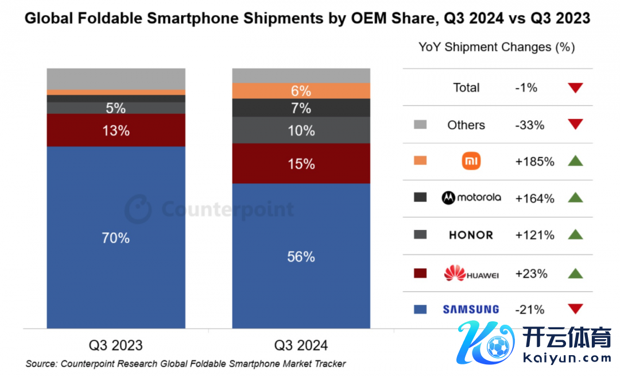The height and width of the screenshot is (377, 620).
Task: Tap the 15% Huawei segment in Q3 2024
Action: (301, 164)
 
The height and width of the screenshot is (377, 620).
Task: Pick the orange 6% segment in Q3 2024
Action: (301, 91)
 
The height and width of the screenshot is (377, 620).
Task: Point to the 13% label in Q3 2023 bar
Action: (116, 130)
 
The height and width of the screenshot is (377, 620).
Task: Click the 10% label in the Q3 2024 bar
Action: (301, 130)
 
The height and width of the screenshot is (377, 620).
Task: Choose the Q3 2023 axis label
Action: (116, 345)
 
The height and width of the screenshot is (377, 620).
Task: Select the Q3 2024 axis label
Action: (301, 345)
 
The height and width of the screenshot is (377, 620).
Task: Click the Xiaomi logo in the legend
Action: (471, 161)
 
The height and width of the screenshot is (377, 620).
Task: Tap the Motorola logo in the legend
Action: (471, 198)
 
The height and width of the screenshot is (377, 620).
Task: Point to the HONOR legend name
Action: (471, 235)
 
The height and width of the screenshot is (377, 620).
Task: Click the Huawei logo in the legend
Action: (471, 274)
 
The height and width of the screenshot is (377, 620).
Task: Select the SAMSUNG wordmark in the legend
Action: (471, 310)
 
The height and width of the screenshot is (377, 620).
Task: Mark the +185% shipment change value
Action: (535, 161)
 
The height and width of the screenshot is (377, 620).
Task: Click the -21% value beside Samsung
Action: (530, 310)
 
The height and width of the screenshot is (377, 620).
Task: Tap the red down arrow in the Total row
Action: (575, 88)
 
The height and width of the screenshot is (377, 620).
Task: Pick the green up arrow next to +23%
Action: (575, 273)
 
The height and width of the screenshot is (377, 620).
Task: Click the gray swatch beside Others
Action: (420, 125)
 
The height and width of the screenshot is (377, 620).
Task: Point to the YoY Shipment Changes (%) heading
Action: (497, 47)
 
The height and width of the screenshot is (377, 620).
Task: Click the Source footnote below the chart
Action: (185, 364)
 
